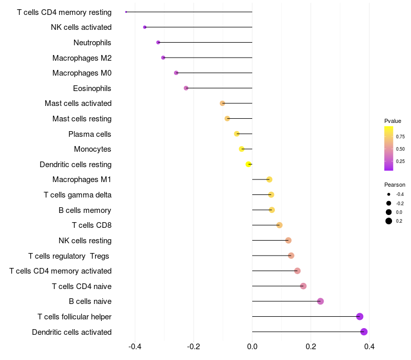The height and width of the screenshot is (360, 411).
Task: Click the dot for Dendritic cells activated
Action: click(x=364, y=332)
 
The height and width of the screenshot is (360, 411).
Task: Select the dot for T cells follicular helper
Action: click(x=360, y=316)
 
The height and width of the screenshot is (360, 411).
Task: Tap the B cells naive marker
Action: click(x=320, y=301)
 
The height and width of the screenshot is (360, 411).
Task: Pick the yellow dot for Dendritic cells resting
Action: click(x=249, y=164)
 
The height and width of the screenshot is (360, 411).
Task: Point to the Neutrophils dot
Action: click(x=158, y=42)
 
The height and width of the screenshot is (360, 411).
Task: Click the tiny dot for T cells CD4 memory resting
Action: click(x=126, y=12)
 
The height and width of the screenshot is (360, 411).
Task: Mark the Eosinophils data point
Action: click(x=186, y=88)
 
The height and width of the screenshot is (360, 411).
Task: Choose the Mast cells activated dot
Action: click(x=222, y=103)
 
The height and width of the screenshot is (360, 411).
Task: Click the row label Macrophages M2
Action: click(x=82, y=58)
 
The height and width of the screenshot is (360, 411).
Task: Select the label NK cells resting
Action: click(x=85, y=241)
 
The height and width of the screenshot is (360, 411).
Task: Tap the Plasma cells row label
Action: click(x=90, y=134)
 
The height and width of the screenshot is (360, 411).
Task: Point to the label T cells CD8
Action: click(x=92, y=225)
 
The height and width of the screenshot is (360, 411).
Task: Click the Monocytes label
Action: click(x=92, y=149)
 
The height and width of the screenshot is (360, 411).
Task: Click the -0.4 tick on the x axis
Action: click(x=135, y=347)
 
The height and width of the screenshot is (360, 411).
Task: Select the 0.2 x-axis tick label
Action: click(x=311, y=347)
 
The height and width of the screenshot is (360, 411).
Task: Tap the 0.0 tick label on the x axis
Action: click(x=252, y=347)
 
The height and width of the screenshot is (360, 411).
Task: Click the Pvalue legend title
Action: click(x=393, y=121)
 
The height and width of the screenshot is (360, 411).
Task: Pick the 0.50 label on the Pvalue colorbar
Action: click(x=400, y=149)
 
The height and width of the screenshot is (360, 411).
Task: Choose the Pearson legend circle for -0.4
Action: click(x=389, y=194)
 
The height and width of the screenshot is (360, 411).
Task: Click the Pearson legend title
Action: click(x=395, y=185)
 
